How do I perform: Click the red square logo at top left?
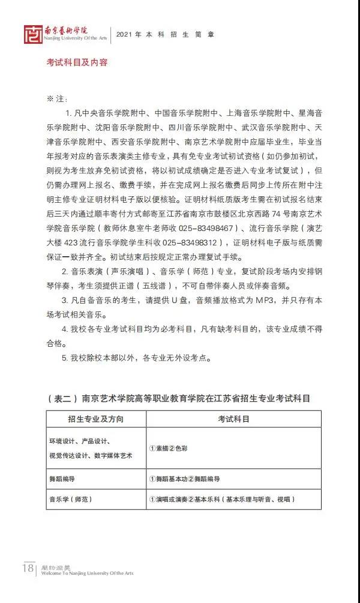click(33, 35)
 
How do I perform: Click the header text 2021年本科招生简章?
click(165, 34)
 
